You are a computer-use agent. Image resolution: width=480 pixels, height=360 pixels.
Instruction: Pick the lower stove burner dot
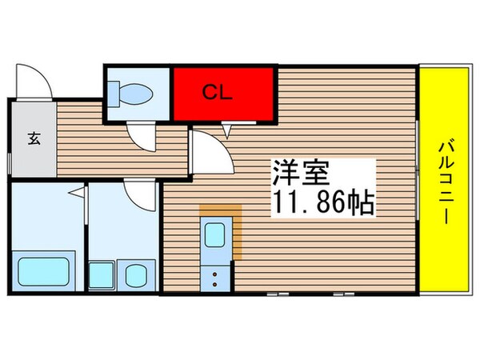(x=215, y=283)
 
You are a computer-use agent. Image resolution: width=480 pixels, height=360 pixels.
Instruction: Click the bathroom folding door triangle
(x=74, y=193)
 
